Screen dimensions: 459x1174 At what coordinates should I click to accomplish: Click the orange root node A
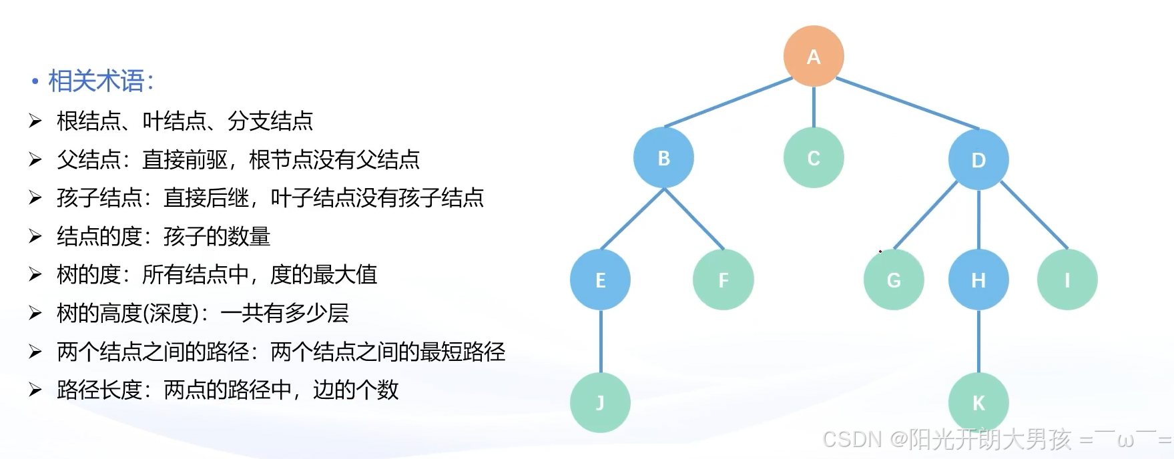pyautogui.click(x=814, y=56)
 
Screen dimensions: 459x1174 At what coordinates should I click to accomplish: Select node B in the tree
pyautogui.click(x=663, y=158)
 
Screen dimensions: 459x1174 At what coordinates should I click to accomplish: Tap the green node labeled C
pyautogui.click(x=814, y=158)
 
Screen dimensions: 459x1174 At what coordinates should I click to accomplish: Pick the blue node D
pyautogui.click(x=978, y=159)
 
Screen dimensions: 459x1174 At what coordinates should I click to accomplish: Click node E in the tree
pyautogui.click(x=600, y=280)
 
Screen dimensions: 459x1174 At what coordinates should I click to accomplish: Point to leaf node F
pyautogui.click(x=723, y=280)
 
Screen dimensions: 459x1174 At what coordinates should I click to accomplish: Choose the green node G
pyautogui.click(x=894, y=280)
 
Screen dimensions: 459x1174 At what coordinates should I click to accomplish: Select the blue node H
pyautogui.click(x=978, y=280)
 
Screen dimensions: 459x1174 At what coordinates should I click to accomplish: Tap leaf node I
pyautogui.click(x=1067, y=280)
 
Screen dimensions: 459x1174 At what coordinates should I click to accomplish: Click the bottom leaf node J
pyautogui.click(x=600, y=403)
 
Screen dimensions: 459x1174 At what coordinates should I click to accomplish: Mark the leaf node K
pyautogui.click(x=978, y=403)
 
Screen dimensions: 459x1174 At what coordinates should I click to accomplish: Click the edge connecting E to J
pyautogui.click(x=601, y=342)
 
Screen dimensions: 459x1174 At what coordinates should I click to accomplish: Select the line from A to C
pyautogui.click(x=814, y=107)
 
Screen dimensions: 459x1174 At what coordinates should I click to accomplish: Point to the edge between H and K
pyautogui.click(x=978, y=342)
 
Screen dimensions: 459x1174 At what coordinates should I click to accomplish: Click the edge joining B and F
pyautogui.click(x=694, y=219)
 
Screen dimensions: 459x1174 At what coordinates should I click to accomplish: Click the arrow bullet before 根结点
pyautogui.click(x=35, y=121)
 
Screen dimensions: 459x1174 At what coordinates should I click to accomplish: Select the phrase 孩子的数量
pyautogui.click(x=217, y=236)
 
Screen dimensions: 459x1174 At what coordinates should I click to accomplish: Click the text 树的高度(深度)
pyautogui.click(x=137, y=313)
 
